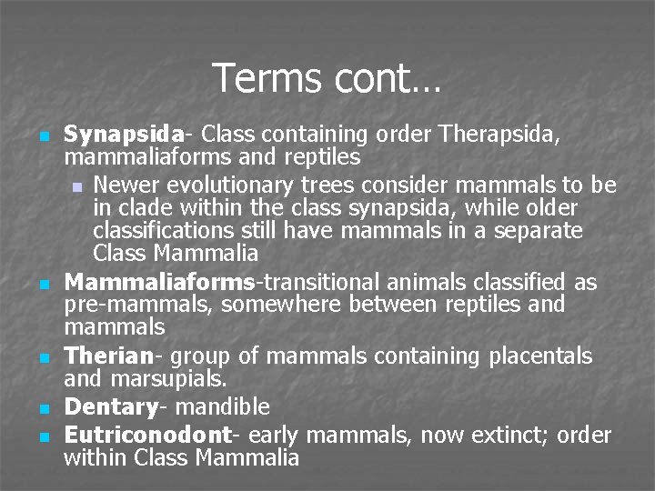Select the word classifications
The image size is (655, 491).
coord(169,231)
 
